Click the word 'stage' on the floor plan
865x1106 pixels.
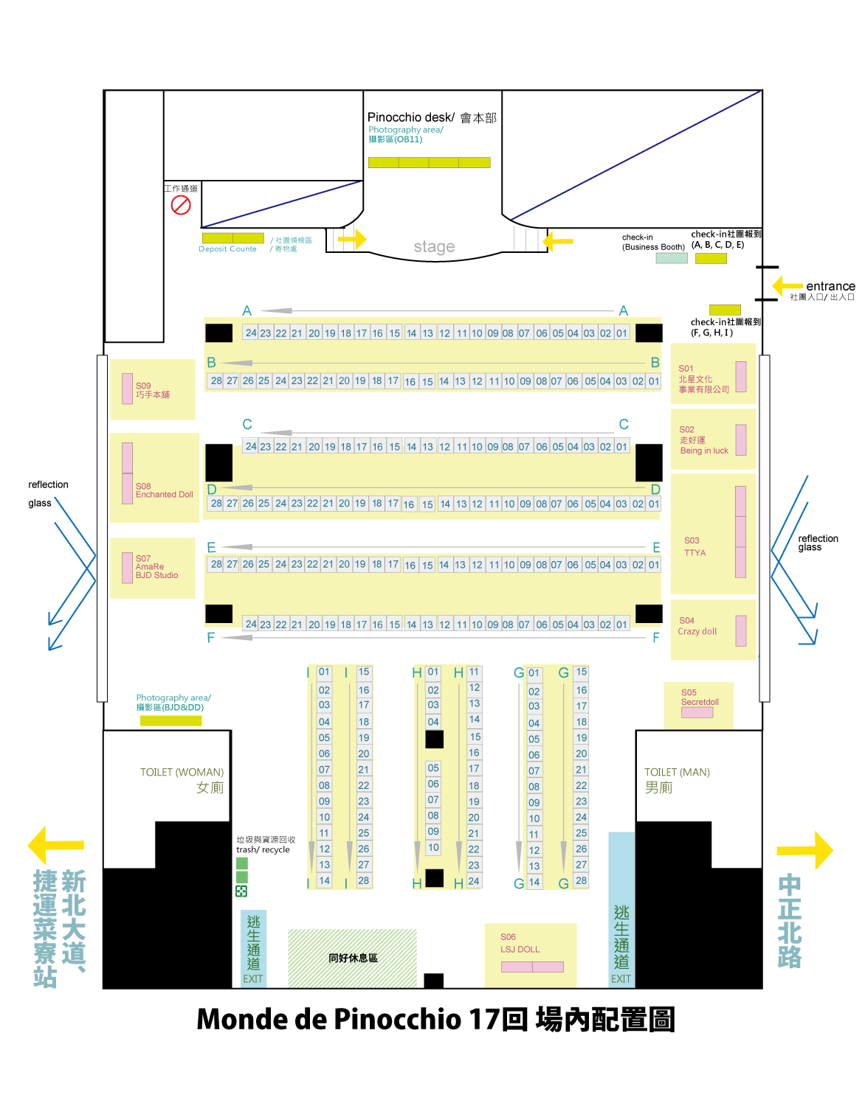coord(434,247)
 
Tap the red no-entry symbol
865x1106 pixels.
coord(181,204)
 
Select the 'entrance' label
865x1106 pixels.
coord(830,286)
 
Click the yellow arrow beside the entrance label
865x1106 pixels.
coord(788,285)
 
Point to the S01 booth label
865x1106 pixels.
coord(703,379)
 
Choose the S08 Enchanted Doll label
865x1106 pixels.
coord(164,490)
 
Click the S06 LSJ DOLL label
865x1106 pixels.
coord(520,944)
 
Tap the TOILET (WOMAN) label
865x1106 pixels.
coord(182,773)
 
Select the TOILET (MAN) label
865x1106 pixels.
coord(677,773)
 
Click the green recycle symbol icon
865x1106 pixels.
coord(241,891)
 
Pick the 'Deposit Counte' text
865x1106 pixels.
coord(227,249)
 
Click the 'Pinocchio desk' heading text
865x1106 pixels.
coord(411,117)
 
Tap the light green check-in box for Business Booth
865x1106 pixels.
coord(672,258)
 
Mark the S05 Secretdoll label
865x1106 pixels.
coord(699,698)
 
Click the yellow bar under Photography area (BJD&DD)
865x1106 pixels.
coord(170,720)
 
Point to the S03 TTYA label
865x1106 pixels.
coord(695,546)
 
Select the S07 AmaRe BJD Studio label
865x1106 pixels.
coord(156,567)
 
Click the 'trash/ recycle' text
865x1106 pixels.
coord(263,849)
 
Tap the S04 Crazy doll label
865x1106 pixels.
coord(697,626)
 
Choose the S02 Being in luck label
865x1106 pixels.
coord(703,440)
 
